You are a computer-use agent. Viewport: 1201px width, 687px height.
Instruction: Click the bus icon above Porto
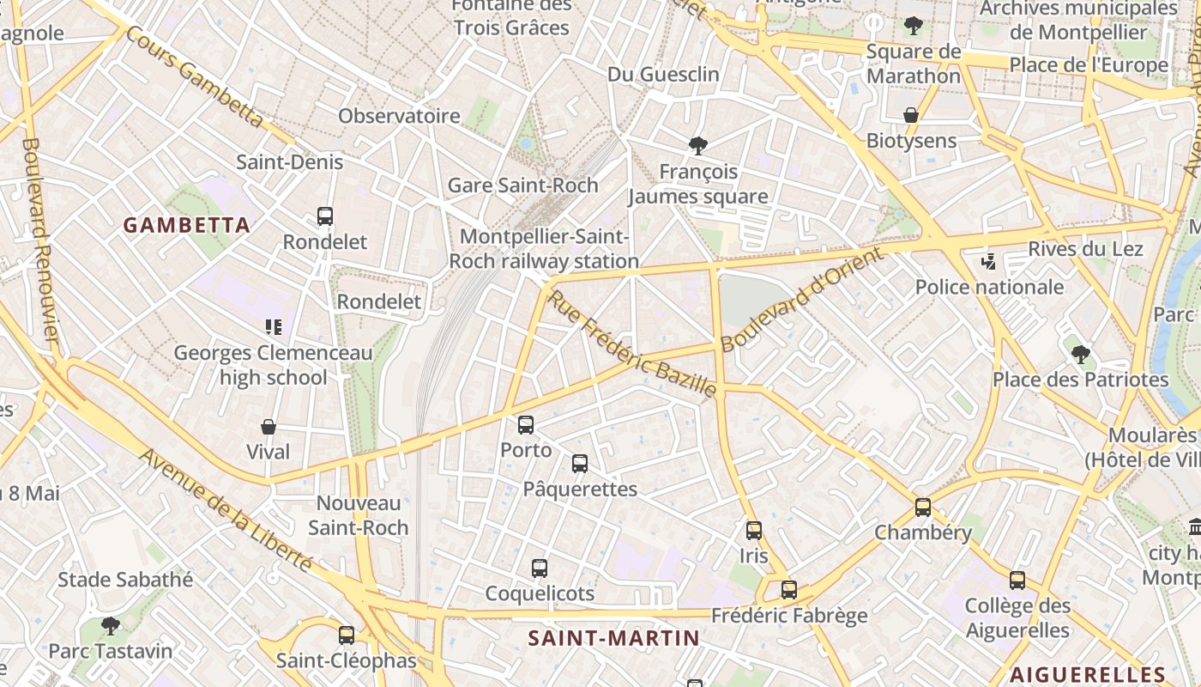526,424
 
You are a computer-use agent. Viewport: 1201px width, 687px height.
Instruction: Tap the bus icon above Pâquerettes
580,464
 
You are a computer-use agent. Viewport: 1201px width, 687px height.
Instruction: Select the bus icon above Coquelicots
540,568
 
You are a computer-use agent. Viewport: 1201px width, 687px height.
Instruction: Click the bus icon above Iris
754,531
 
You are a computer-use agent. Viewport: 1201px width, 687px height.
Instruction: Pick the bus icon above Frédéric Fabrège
789,590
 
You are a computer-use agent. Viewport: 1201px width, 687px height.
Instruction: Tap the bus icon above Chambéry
923,507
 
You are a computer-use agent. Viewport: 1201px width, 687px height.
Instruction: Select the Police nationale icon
989,261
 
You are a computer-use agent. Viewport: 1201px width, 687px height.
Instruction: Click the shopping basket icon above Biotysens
911,115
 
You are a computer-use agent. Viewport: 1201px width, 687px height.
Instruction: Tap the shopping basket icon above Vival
269,426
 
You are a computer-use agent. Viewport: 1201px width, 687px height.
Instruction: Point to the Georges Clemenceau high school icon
274,327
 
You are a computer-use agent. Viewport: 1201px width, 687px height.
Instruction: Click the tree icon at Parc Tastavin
110,625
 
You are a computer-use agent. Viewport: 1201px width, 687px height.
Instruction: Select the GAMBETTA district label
187,226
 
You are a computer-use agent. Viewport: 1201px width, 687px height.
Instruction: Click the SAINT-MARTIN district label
613,638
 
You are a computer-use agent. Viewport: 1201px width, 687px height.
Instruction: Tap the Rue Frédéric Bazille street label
632,344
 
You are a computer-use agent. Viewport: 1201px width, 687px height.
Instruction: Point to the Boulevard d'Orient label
801,300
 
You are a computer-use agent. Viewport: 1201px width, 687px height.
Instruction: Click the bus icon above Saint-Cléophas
347,635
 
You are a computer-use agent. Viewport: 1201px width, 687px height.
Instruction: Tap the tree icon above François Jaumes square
698,146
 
